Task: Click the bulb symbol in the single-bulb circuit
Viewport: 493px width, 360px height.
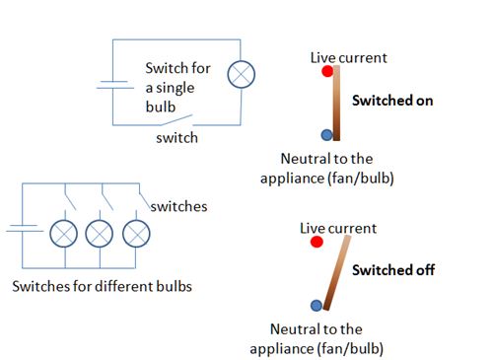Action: [242, 75]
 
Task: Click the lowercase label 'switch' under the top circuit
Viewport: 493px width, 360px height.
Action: [177, 139]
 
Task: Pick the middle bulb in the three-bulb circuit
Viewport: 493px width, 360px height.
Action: [101, 234]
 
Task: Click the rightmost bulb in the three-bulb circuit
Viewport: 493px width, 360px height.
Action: [136, 234]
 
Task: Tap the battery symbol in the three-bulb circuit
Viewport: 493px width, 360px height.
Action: [22, 229]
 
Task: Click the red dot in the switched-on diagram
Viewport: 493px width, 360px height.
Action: [326, 72]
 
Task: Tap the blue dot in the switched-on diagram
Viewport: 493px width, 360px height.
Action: [326, 135]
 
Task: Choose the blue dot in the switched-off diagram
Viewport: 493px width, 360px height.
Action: [316, 306]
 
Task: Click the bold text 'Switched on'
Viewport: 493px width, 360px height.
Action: [392, 101]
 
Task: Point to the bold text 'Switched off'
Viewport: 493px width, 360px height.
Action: [393, 269]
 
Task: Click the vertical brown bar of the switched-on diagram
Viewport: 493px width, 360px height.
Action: [336, 104]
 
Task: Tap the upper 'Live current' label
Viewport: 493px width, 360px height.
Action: [348, 57]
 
